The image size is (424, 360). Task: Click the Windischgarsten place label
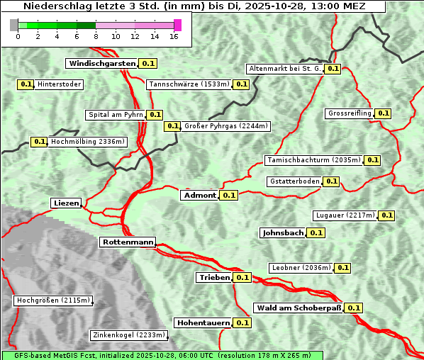coord(101,64)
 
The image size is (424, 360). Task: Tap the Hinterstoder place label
coord(60,84)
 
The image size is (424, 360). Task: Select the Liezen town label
coord(66,203)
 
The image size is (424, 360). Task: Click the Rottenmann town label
coord(128,242)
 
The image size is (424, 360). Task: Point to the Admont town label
coord(199,196)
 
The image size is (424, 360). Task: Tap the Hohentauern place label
coord(203,323)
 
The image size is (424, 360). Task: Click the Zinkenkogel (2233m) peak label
coord(129,335)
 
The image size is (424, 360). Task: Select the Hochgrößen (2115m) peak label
coord(53,300)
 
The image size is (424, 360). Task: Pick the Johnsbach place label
coord(283,233)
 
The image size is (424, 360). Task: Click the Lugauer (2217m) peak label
coord(344,215)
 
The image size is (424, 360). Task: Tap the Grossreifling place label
coord(349,113)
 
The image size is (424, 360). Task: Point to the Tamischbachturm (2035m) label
coord(313,160)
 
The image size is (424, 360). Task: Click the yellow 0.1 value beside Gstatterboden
coord(331,181)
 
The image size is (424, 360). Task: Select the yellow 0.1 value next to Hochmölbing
coord(39,142)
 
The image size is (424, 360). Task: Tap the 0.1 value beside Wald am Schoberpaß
coord(354,308)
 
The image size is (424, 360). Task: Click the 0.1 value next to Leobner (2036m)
coord(342,268)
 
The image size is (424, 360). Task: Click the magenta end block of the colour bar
coord(177,25)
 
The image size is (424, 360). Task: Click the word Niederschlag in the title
coord(51,6)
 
